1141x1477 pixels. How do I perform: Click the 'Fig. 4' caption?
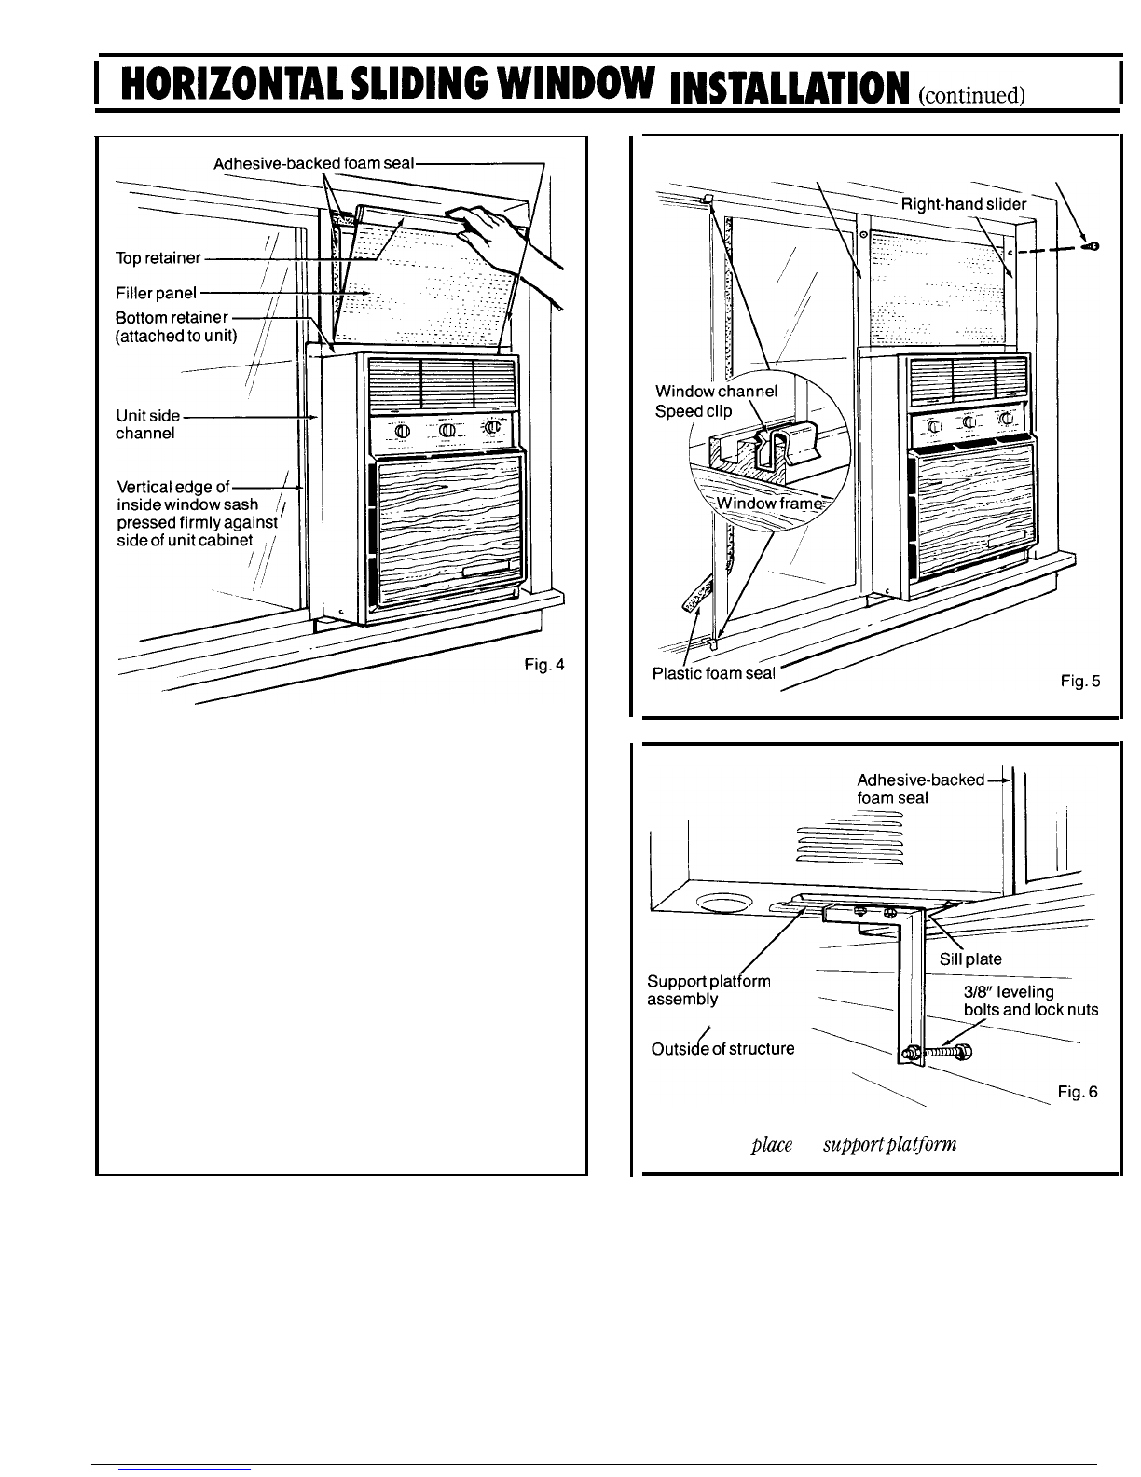(544, 665)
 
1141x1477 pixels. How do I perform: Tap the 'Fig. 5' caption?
(1080, 681)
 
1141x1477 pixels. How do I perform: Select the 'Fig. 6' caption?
(1078, 1092)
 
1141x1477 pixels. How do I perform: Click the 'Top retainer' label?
(158, 258)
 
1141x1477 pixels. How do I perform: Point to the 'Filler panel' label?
(156, 293)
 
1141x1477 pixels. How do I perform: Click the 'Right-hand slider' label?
(964, 204)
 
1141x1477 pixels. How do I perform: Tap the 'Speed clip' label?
(694, 411)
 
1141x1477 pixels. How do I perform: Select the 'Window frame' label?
(769, 503)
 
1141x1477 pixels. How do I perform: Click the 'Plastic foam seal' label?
(713, 673)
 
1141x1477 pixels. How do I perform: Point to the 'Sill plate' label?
(970, 959)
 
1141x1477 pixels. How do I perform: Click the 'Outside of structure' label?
(722, 1049)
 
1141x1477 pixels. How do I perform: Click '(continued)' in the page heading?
(971, 95)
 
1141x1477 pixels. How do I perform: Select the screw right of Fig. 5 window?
(1092, 246)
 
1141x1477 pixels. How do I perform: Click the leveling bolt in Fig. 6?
(937, 1053)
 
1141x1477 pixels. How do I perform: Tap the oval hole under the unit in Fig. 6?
(724, 903)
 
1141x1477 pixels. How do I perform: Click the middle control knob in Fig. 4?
(447, 430)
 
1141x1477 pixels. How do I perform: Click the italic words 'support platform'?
(889, 1145)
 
